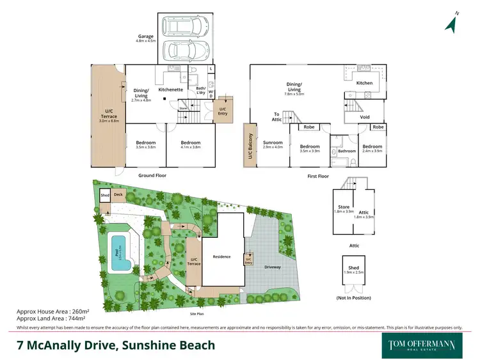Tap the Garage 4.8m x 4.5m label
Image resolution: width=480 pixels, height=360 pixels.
pos(146,38)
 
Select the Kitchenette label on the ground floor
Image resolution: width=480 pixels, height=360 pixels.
pos(171,90)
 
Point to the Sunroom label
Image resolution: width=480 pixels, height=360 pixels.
pos(273,144)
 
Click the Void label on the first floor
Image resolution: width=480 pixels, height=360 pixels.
pos(365,117)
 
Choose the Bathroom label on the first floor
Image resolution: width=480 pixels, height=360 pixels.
pos(346,152)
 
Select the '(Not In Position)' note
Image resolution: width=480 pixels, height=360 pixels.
pos(354,298)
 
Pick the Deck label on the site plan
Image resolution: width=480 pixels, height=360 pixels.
pos(118,194)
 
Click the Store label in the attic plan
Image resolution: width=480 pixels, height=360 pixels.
pos(344,207)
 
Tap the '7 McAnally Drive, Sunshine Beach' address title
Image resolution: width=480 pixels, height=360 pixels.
pos(116,345)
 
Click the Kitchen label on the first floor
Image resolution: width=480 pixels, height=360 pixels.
pos(364,83)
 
